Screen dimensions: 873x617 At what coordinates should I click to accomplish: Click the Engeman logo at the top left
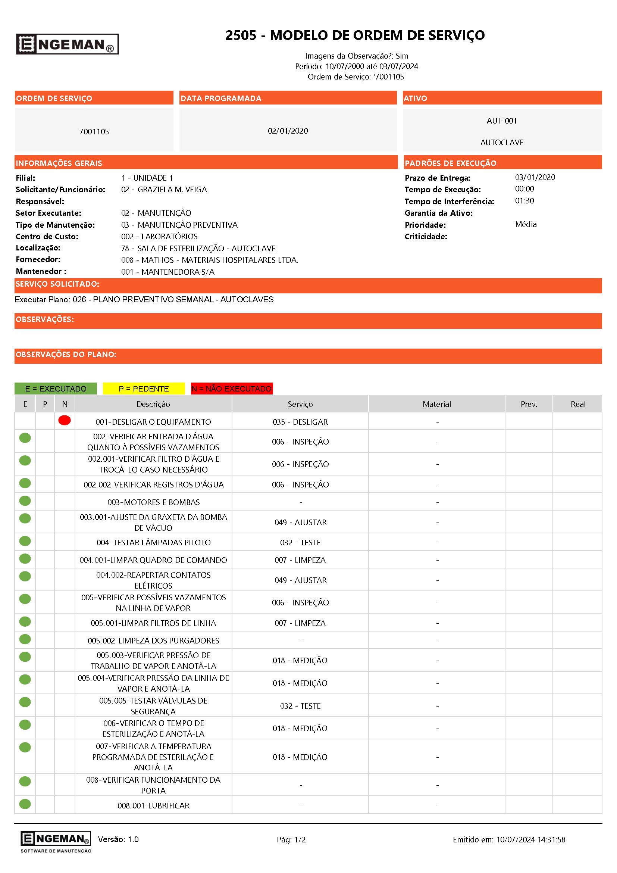click(67, 44)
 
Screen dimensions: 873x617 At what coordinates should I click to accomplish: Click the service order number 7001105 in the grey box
click(94, 131)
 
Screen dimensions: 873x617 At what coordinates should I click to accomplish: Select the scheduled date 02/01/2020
click(288, 131)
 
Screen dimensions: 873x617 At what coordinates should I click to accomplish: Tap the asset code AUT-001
click(501, 121)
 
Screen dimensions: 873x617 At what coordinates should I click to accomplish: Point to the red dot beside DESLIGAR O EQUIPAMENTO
click(65, 421)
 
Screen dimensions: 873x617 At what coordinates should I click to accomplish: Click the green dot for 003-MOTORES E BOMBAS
click(25, 501)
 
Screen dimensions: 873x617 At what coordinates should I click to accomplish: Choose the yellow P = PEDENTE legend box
click(144, 389)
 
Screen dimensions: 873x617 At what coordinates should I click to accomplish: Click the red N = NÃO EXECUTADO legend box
click(232, 389)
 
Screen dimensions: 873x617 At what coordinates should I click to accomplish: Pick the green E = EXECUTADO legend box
click(56, 389)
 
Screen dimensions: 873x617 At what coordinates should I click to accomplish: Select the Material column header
click(436, 404)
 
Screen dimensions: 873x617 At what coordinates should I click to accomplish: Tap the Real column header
click(577, 404)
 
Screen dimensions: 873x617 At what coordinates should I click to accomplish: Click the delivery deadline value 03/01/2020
click(535, 177)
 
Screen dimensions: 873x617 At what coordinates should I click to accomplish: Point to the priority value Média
click(526, 224)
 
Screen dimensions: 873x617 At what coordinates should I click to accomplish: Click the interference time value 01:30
click(524, 201)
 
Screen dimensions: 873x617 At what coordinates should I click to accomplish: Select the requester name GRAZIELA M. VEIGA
click(172, 189)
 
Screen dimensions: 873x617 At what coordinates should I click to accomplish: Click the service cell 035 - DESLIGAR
click(300, 422)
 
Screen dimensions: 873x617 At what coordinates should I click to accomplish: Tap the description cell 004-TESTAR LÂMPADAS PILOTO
click(153, 542)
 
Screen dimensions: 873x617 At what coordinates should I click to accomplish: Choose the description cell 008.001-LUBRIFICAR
click(153, 805)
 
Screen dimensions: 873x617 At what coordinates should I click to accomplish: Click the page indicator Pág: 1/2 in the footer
click(291, 839)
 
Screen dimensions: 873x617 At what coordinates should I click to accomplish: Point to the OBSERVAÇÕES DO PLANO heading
click(66, 354)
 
